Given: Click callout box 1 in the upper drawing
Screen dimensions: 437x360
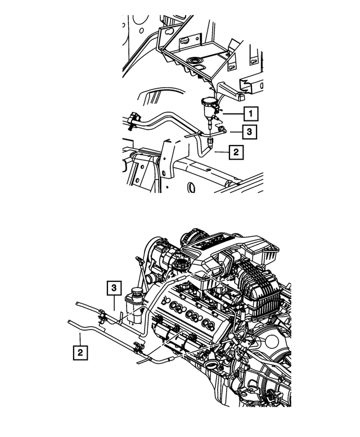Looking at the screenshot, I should point(250,113).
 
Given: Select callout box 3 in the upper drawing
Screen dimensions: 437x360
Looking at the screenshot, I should point(250,132).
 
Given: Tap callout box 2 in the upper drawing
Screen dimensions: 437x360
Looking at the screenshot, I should point(236,152).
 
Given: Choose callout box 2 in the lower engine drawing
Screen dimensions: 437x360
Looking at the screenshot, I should point(79,353).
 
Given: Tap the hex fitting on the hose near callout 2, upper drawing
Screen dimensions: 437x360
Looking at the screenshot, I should point(210,143).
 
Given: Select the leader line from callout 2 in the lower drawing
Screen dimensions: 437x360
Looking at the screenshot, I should point(79,339).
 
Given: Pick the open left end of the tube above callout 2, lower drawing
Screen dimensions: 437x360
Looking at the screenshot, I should point(68,321).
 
